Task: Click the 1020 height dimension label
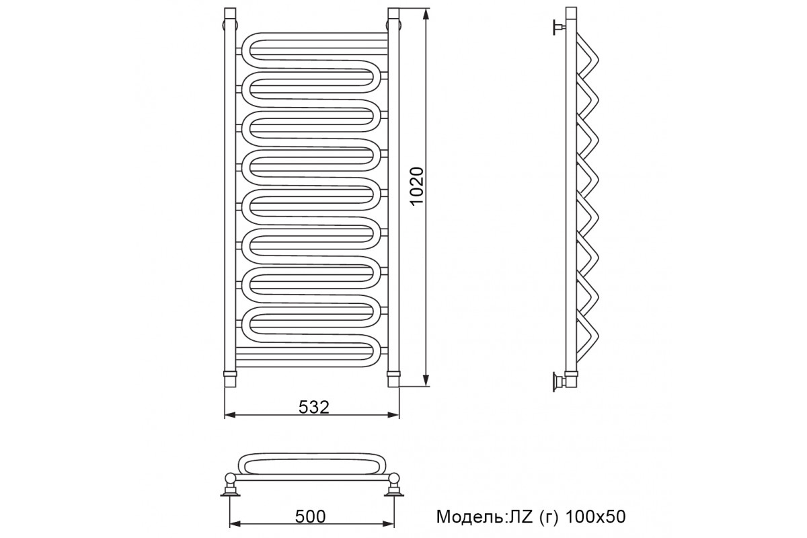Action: coord(417,186)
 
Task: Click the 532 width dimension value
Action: coord(314,407)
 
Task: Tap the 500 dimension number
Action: coord(310,516)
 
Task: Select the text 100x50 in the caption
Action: coord(596,516)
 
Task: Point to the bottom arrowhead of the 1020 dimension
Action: coord(426,380)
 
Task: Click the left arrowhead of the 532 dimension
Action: coord(231,415)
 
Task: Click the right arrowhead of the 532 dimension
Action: coord(393,415)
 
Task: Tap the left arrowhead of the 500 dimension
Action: coord(235,524)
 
